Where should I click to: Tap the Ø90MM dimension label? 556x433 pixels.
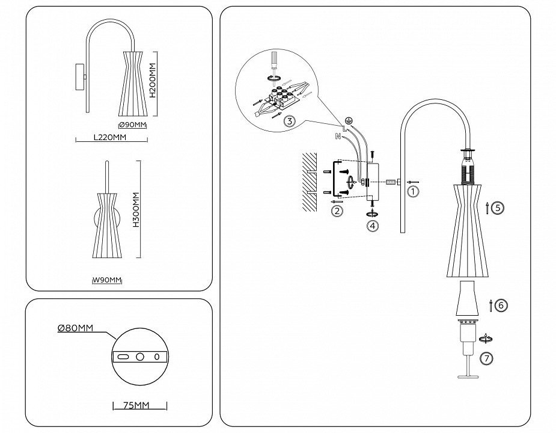133,125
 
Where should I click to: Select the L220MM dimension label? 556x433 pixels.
110,137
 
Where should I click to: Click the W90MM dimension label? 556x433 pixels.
108,280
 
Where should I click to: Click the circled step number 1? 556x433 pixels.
412,192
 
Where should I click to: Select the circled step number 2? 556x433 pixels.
337,211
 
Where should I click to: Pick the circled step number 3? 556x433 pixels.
290,121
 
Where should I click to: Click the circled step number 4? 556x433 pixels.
373,226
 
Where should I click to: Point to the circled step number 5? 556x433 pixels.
497,208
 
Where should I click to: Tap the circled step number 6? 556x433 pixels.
501,306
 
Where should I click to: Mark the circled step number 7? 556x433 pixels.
487,358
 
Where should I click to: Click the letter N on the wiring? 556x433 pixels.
338,137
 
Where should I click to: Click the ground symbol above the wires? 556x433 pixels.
347,120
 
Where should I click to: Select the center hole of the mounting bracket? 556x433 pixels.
140,357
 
